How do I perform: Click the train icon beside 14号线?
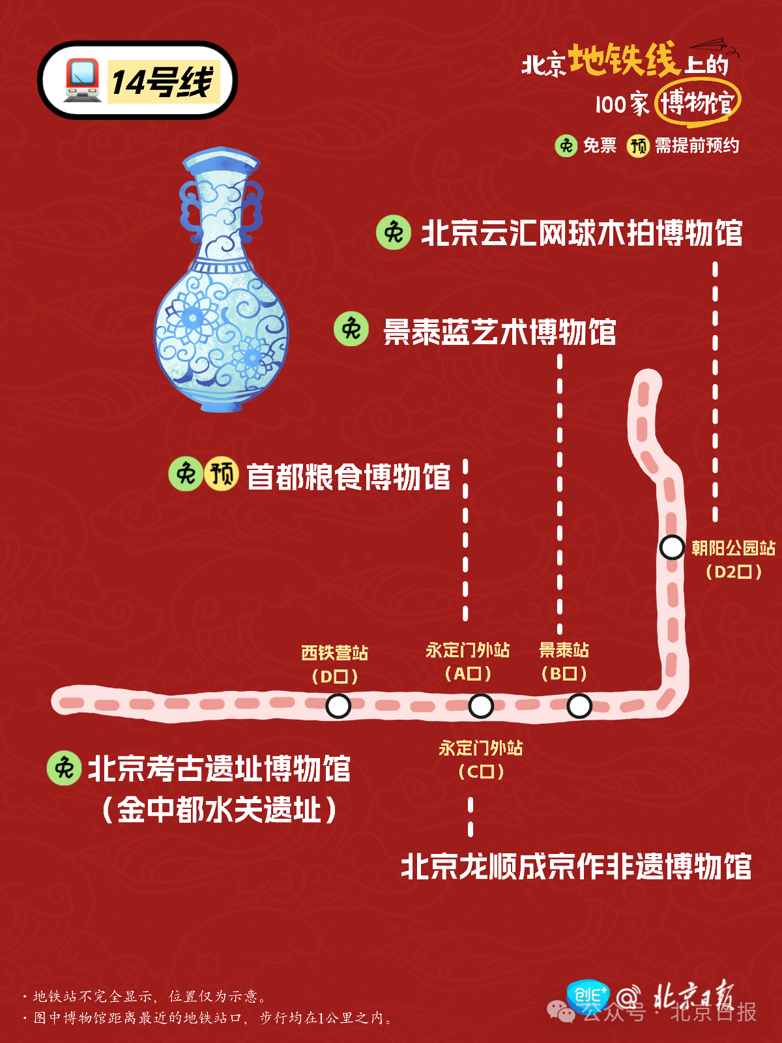(x=82, y=80)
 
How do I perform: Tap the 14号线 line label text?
(x=162, y=82)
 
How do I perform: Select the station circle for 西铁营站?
(x=338, y=705)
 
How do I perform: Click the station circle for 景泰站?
(x=579, y=705)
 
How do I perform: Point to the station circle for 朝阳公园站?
(x=671, y=547)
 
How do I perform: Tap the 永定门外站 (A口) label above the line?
(x=467, y=661)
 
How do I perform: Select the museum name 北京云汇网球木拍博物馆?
(x=581, y=233)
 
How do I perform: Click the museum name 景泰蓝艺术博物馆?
(x=499, y=332)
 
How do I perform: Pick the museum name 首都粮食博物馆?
(x=348, y=477)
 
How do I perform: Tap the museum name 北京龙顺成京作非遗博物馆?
(x=576, y=867)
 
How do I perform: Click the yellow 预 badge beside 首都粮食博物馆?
(x=222, y=474)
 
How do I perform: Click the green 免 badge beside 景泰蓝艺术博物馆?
(x=351, y=329)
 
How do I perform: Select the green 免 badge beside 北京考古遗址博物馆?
(x=64, y=768)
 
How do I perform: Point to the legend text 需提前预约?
(x=697, y=145)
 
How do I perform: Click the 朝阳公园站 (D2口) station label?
(x=733, y=559)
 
